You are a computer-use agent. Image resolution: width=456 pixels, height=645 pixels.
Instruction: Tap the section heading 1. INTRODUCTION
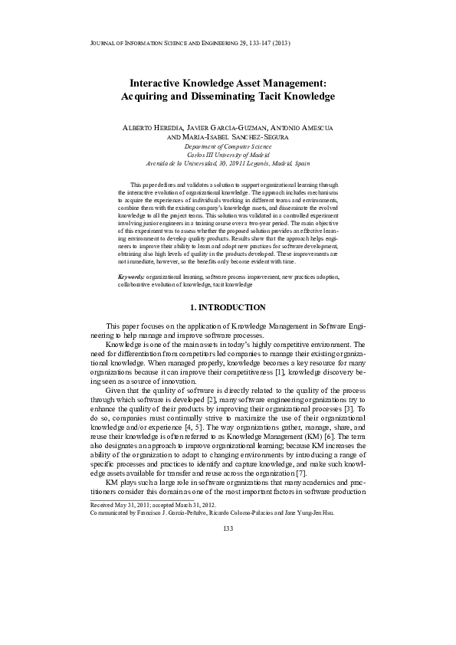tap(228, 307)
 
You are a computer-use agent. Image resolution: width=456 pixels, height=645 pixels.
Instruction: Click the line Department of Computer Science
tap(228, 146)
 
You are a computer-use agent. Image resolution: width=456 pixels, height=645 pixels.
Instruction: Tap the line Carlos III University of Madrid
tap(228, 154)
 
